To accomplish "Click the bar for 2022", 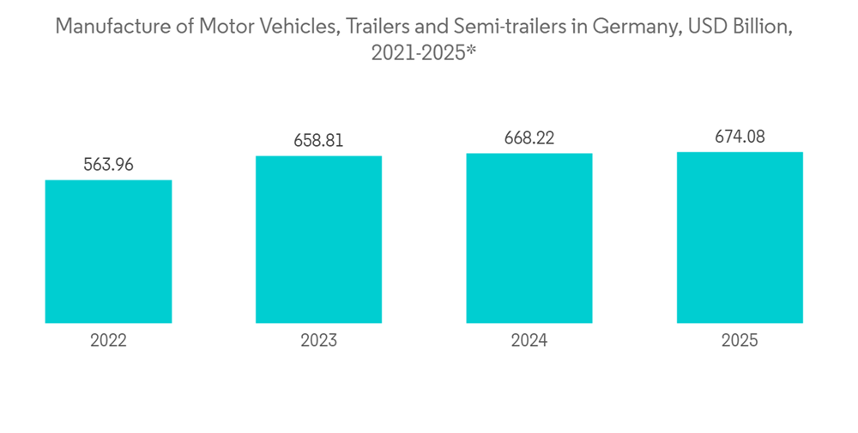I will [108, 251].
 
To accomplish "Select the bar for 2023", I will [318, 239].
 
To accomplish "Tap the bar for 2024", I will [529, 238].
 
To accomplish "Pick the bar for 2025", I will [740, 237].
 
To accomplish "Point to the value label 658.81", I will [318, 141].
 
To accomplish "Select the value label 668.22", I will [529, 138].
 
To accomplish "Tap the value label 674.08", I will [740, 136].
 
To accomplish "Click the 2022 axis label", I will [108, 341].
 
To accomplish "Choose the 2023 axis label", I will [318, 341].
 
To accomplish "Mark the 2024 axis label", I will [529, 341].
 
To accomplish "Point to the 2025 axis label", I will [740, 341].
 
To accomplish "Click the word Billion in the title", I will [764, 27].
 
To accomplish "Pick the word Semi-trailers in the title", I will [510, 27].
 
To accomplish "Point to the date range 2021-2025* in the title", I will [423, 52].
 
